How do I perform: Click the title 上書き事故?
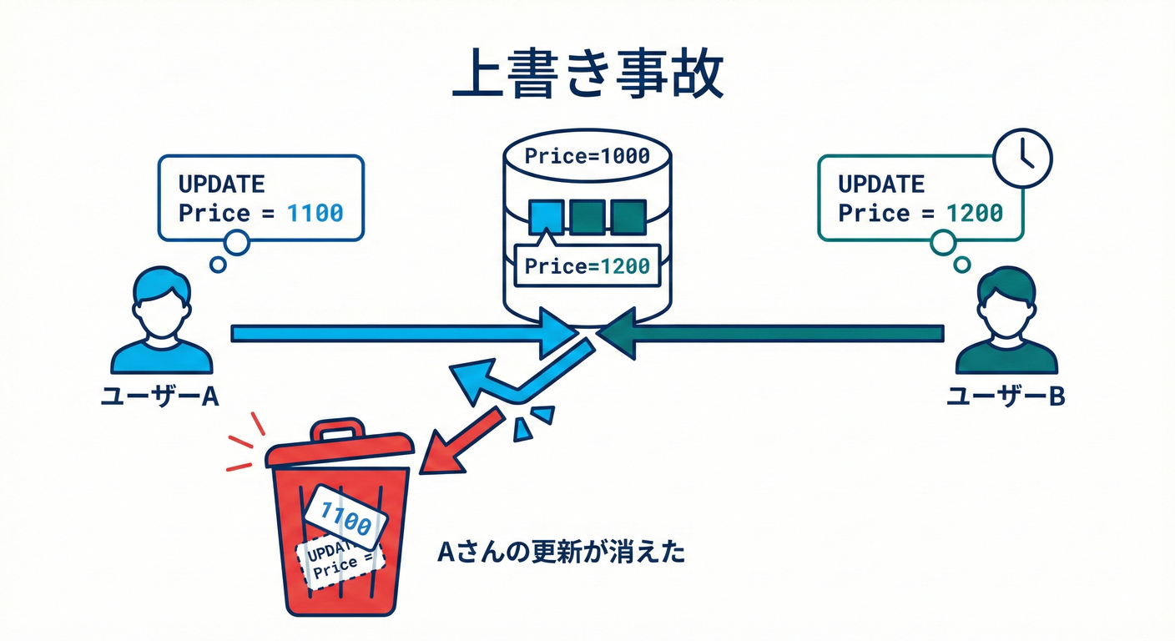pyautogui.click(x=587, y=78)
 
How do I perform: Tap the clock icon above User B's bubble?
pyautogui.click(x=1023, y=157)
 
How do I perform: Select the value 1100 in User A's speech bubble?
pyautogui.click(x=315, y=213)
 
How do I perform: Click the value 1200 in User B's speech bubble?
pyautogui.click(x=974, y=213)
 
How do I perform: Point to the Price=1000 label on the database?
pyautogui.click(x=586, y=156)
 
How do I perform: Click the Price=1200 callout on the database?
pyautogui.click(x=587, y=266)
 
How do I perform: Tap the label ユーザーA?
pyautogui.click(x=159, y=396)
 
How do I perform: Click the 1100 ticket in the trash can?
pyautogui.click(x=345, y=518)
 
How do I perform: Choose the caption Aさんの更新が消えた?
pyautogui.click(x=561, y=553)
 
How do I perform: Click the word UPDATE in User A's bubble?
pyautogui.click(x=222, y=184)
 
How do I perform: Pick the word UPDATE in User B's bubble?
pyautogui.click(x=881, y=184)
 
